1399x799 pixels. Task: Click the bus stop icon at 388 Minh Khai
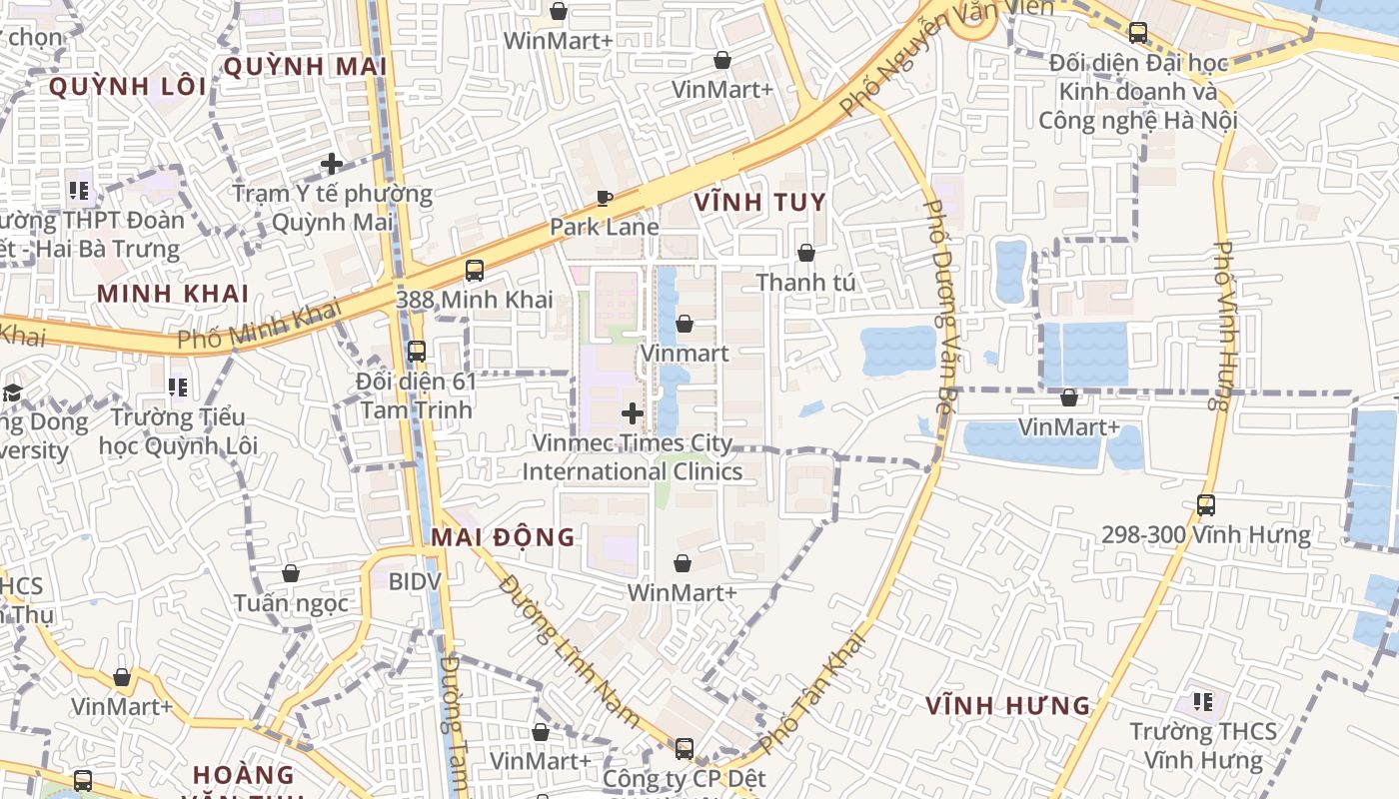pyautogui.click(x=475, y=270)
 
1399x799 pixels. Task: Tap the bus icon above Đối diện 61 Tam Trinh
pyautogui.click(x=417, y=352)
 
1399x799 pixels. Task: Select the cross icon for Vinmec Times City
pyautogui.click(x=632, y=412)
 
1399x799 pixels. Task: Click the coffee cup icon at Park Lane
pyautogui.click(x=604, y=198)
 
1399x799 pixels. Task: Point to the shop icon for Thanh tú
pyautogui.click(x=805, y=253)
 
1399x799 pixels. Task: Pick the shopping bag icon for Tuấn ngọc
pyautogui.click(x=291, y=573)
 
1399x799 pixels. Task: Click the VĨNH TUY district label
pyautogui.click(x=760, y=203)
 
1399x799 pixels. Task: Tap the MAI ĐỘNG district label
pyautogui.click(x=503, y=537)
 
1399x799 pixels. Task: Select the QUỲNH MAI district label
pyautogui.click(x=305, y=67)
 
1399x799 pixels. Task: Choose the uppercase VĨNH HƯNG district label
pyautogui.click(x=1007, y=706)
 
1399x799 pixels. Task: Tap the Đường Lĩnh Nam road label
pyautogui.click(x=570, y=649)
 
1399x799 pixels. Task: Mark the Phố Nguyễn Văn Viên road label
pyautogui.click(x=945, y=55)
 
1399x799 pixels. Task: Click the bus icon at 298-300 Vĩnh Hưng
pyautogui.click(x=1206, y=505)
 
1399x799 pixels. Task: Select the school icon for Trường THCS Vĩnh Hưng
pyautogui.click(x=1203, y=702)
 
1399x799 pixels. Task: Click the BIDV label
pyautogui.click(x=415, y=580)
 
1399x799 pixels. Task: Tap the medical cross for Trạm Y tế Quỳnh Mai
pyautogui.click(x=332, y=163)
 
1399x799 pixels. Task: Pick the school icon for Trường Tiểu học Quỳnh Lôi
pyautogui.click(x=178, y=387)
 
